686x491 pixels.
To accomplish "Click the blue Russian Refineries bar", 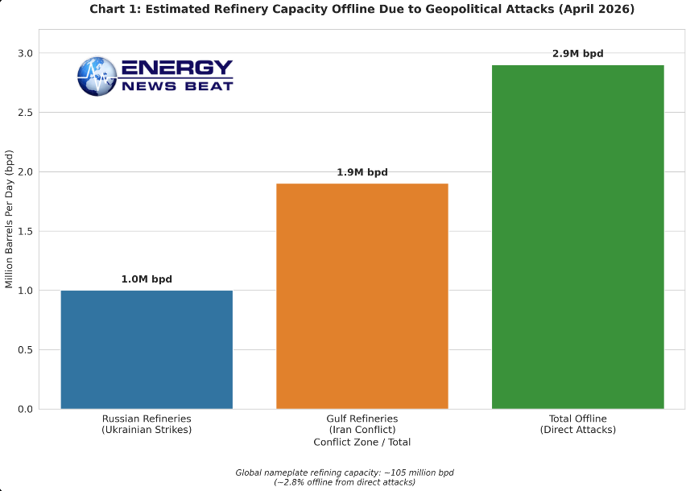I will [x=147, y=349].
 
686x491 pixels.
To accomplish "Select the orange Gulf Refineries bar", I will [x=362, y=296].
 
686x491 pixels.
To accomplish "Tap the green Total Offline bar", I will [x=577, y=237].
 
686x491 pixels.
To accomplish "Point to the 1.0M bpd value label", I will [x=147, y=279].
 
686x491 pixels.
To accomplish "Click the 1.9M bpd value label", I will [x=362, y=172].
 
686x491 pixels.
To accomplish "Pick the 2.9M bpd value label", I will [x=577, y=54].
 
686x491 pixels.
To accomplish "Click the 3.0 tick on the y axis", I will [x=25, y=53].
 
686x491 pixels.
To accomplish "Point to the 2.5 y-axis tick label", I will [x=25, y=113].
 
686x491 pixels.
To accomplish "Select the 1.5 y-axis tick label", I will [x=25, y=231].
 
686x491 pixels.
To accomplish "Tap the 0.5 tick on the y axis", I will [x=25, y=350].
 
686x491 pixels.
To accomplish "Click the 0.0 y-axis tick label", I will [x=25, y=409].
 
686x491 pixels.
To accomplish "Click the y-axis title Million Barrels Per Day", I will [x=10, y=218].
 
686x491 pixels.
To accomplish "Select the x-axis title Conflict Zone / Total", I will [x=362, y=442].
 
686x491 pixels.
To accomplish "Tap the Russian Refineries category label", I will [x=147, y=424].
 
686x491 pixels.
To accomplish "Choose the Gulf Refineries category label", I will [x=362, y=424].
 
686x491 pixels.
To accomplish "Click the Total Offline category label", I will [x=577, y=424].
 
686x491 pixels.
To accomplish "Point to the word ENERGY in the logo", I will [x=176, y=68].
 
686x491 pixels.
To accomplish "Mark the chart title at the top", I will [x=362, y=10].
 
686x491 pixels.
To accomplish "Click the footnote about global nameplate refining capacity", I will [x=345, y=477].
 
